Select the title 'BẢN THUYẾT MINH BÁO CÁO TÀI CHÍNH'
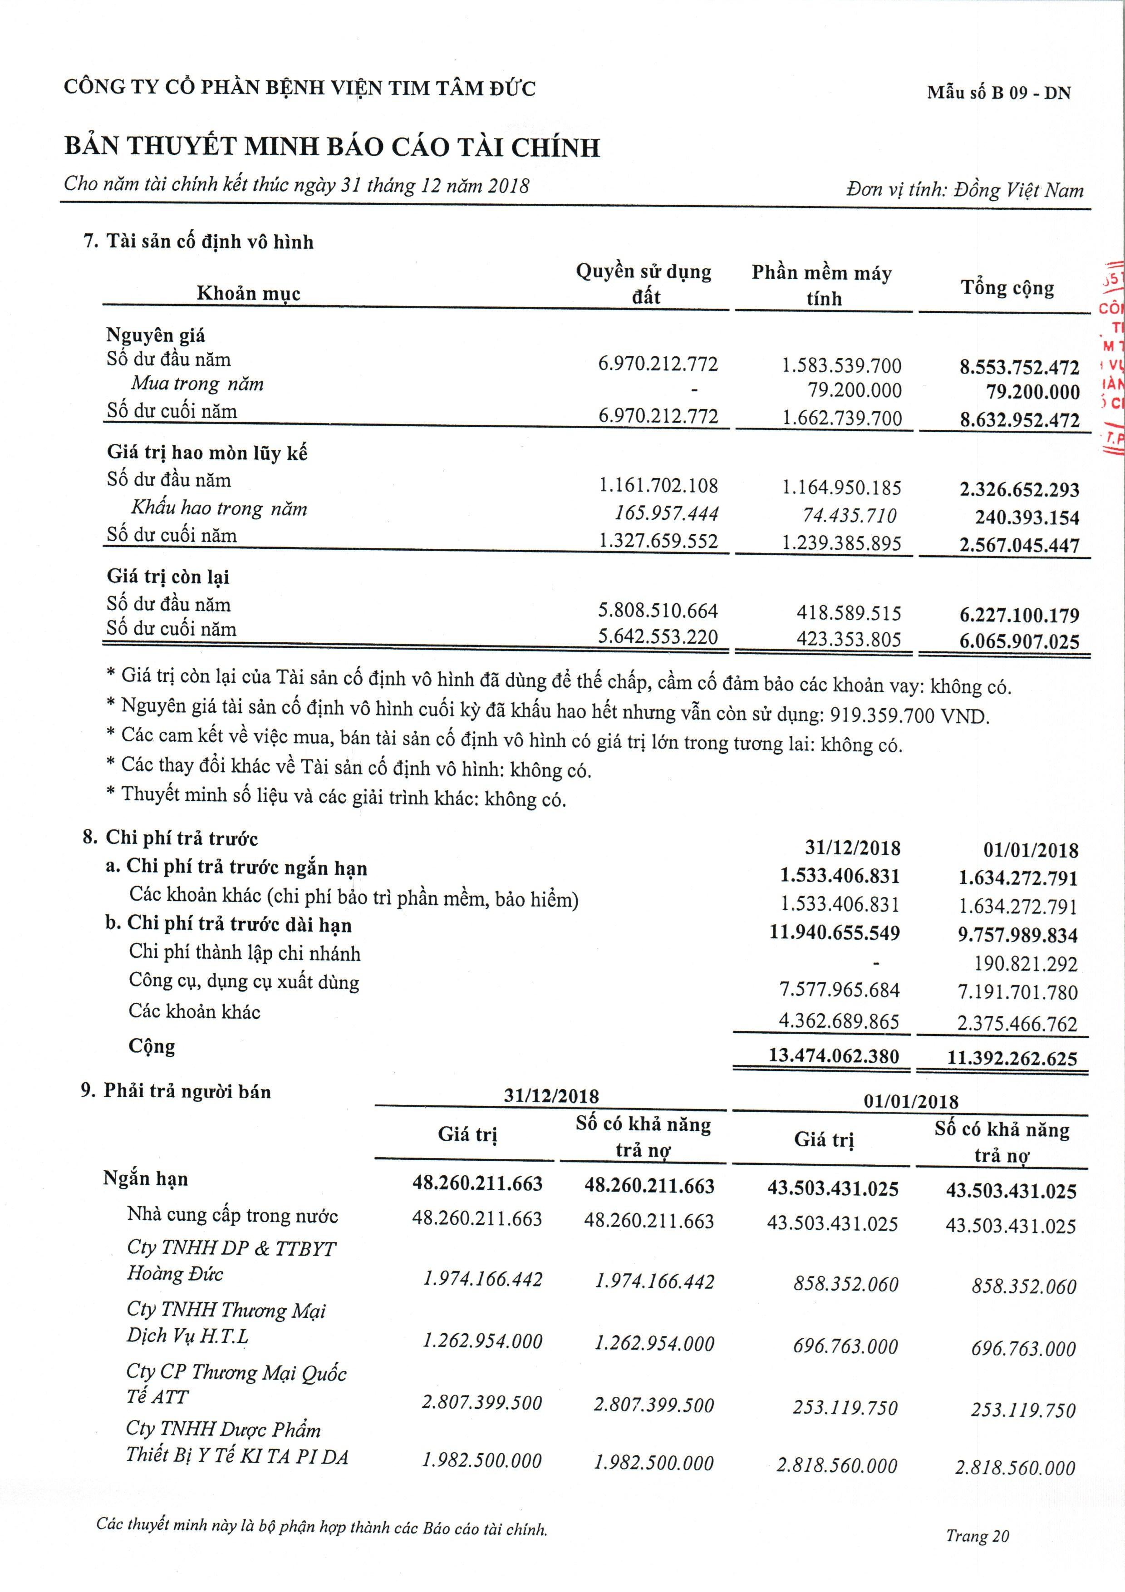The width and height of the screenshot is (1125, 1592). pos(332,147)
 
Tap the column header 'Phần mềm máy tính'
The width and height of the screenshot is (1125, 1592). pos(822,285)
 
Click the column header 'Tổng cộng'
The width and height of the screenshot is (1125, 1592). pos(1007,288)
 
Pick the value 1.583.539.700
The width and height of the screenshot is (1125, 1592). pos(841,365)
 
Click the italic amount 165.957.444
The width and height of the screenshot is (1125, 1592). pos(666,514)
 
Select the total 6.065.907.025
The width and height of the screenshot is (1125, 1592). pos(1019,641)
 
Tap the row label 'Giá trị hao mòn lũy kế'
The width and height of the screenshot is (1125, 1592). pos(206,453)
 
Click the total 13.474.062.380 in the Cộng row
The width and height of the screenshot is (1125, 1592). pos(833,1056)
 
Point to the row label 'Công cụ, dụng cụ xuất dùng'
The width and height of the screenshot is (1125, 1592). pos(244,982)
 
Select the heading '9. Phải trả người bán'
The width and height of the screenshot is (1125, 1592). pos(176,1091)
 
